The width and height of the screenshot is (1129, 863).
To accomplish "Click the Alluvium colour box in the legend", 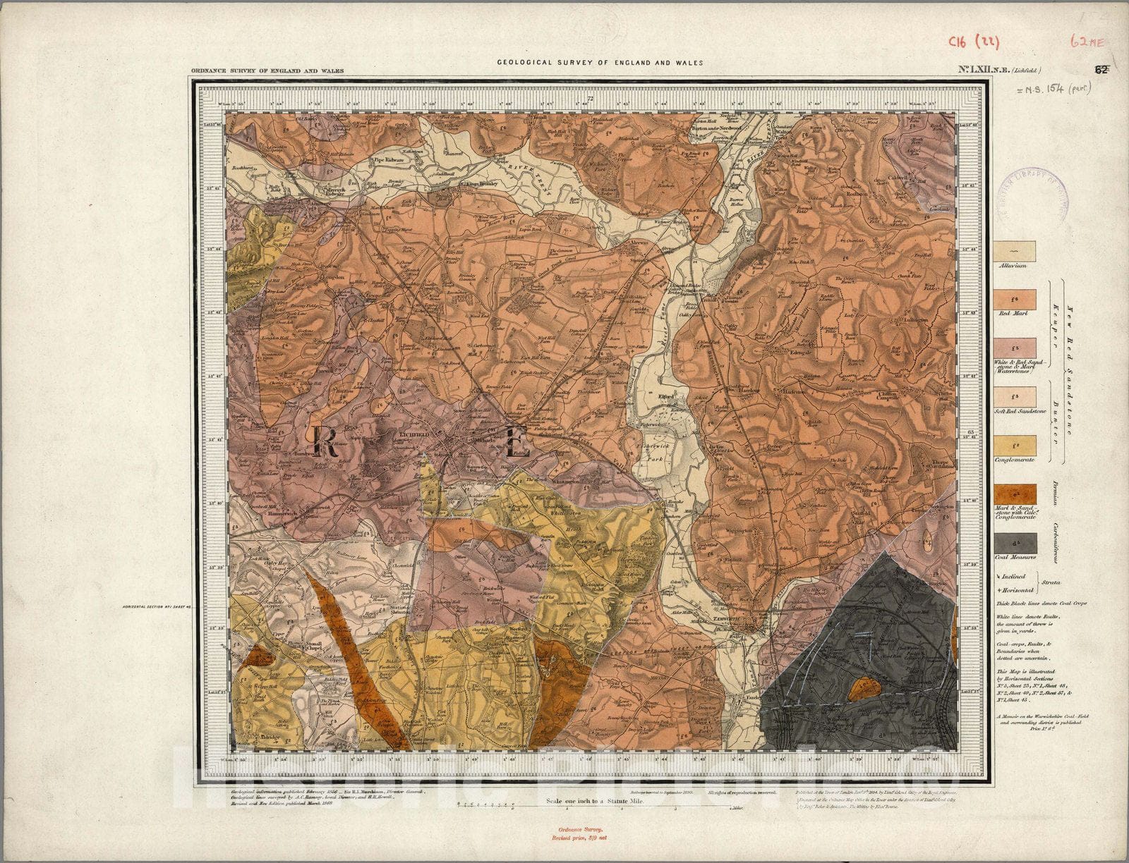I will (1015, 252).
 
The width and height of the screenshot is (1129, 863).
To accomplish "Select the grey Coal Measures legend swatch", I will (1015, 543).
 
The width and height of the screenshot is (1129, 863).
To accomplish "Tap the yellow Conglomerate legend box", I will (1015, 446).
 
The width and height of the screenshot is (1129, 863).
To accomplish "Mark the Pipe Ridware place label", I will (387, 160).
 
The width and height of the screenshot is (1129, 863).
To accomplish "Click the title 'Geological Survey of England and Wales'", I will (600, 62).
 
